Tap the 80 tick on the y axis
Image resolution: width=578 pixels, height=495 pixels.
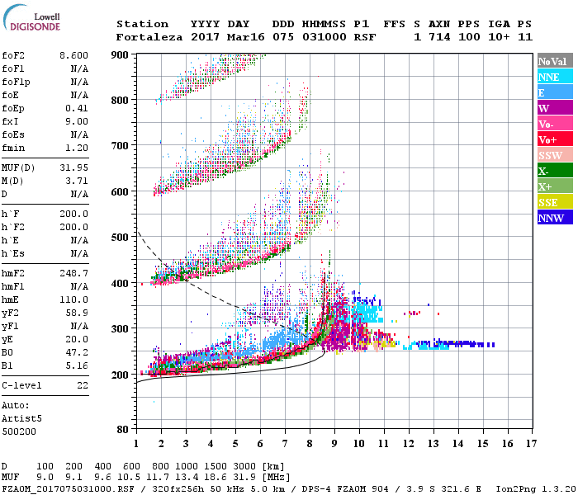pos(121,429)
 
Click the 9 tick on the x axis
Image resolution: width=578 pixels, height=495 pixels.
pos(334,444)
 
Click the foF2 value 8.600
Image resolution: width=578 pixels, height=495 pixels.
pos(74,55)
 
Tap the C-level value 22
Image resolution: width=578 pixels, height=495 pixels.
pos(83,385)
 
